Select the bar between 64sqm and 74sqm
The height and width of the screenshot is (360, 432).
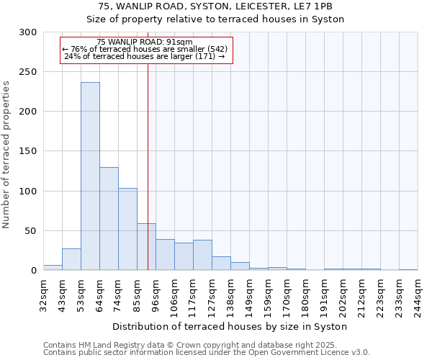[x=109, y=219]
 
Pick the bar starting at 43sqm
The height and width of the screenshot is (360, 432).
[x=71, y=260]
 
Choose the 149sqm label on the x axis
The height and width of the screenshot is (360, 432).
[x=249, y=295]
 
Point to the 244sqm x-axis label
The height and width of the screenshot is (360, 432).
[x=418, y=295]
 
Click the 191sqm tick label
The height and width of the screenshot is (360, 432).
[x=324, y=295]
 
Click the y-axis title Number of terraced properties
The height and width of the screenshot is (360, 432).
[x=6, y=155]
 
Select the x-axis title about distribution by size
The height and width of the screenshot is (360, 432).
[x=230, y=327]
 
